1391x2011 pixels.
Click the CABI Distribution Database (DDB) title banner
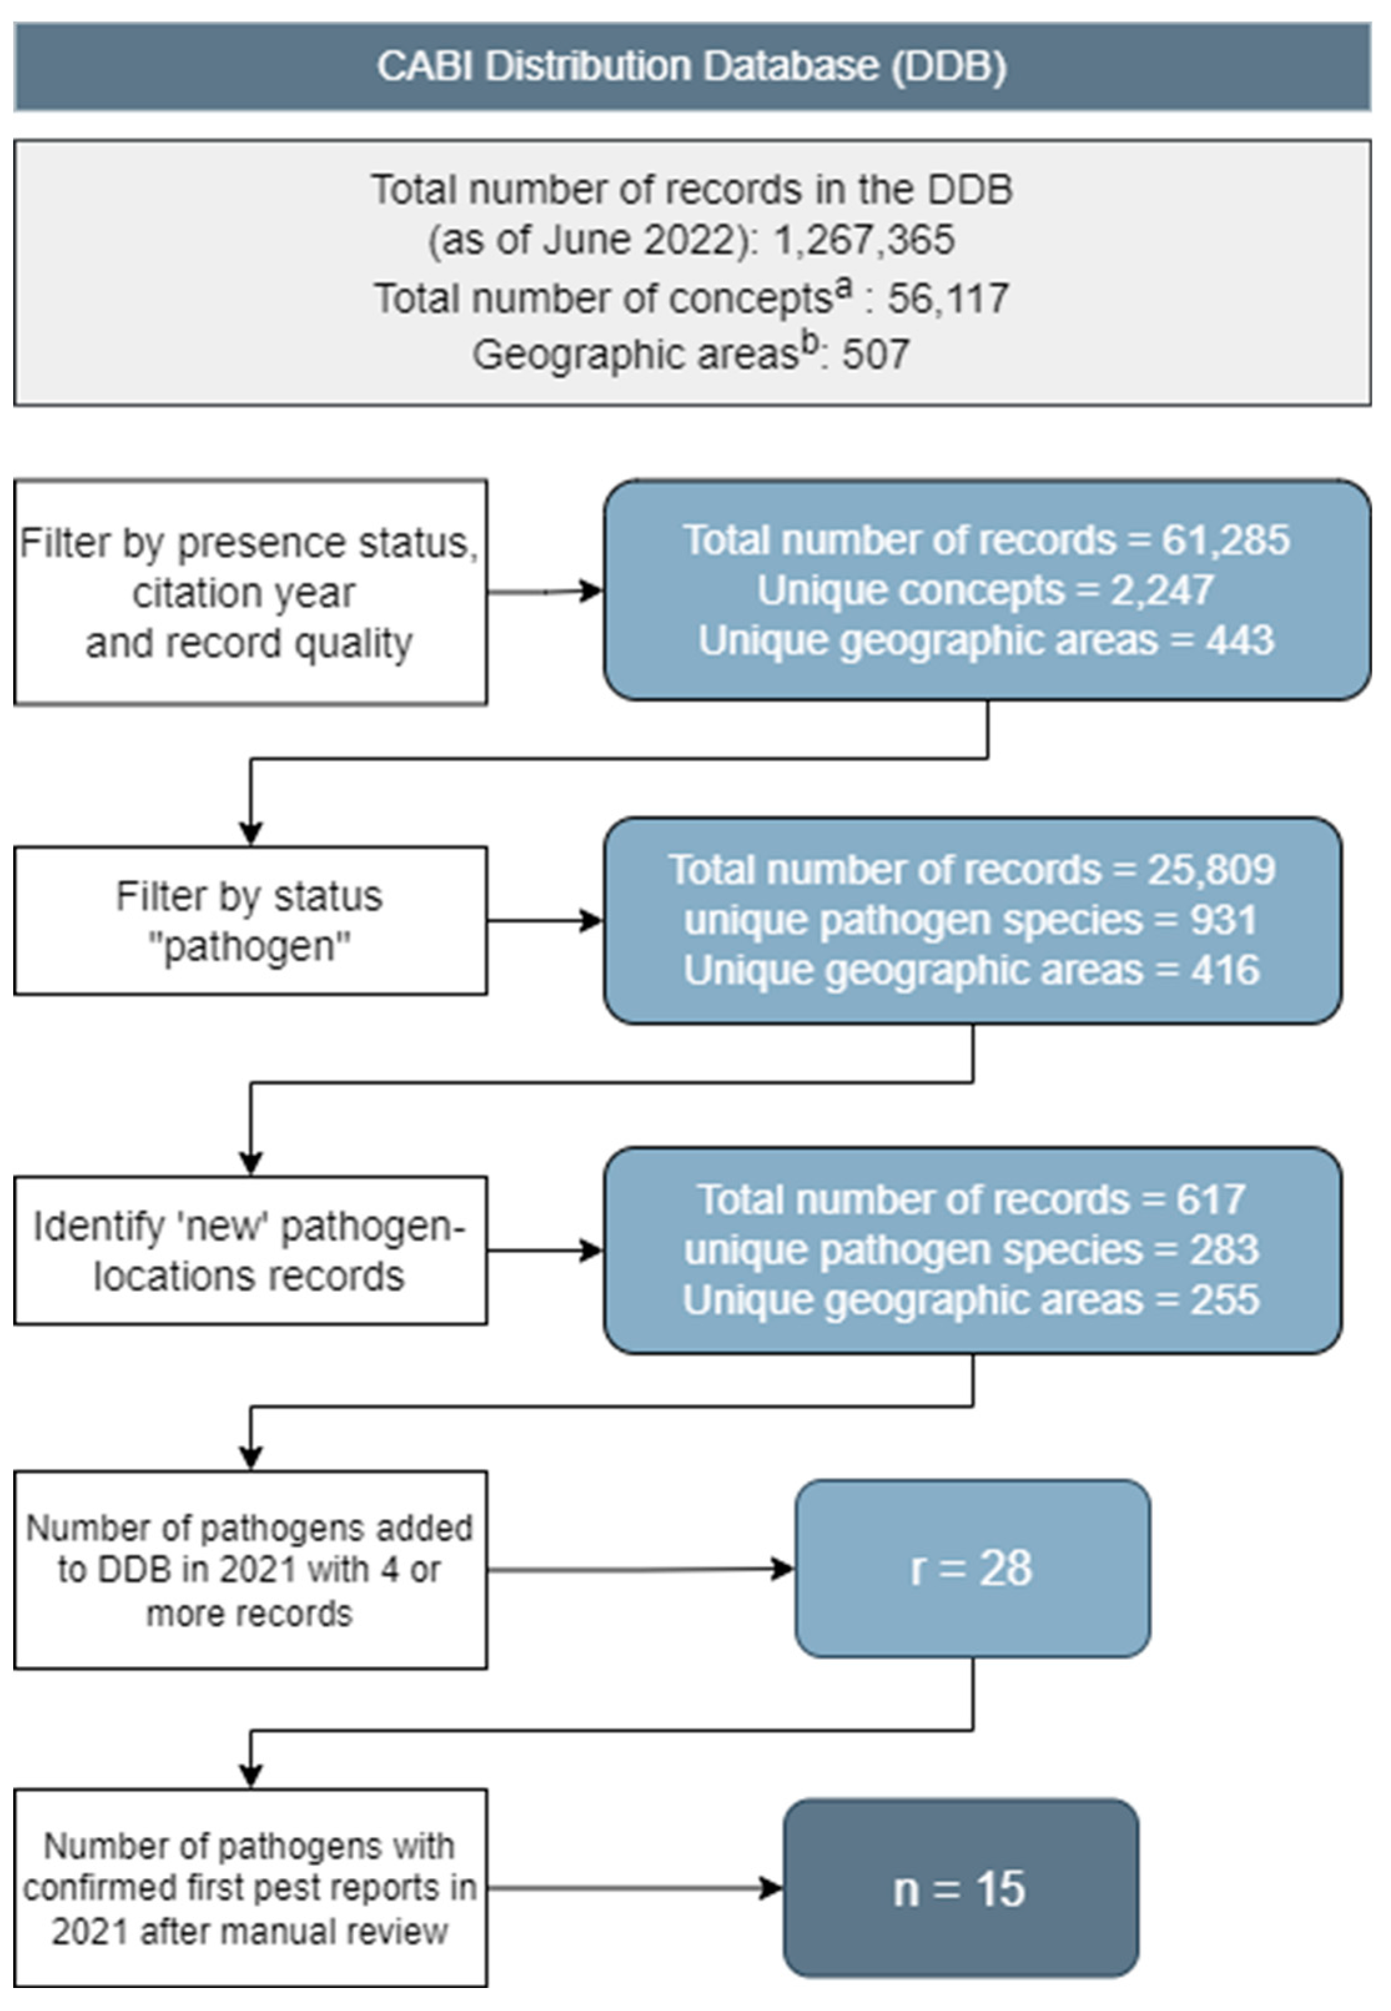(x=693, y=67)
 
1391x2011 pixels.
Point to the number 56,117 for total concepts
(x=948, y=299)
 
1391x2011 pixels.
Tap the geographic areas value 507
(x=875, y=355)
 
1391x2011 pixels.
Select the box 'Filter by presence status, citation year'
(x=250, y=593)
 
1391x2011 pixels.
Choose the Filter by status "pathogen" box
(x=250, y=921)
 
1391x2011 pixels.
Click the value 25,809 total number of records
(x=1211, y=870)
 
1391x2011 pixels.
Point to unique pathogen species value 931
(x=1224, y=920)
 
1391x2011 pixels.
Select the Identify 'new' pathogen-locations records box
(x=250, y=1251)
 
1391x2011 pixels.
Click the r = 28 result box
(x=972, y=1568)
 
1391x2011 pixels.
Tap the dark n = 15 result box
(x=961, y=1889)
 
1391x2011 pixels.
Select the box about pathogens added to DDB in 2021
(x=250, y=1570)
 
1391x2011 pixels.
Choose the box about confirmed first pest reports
(x=250, y=1889)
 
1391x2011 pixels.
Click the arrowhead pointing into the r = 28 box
(x=783, y=1569)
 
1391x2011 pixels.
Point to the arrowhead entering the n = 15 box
(x=772, y=1888)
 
